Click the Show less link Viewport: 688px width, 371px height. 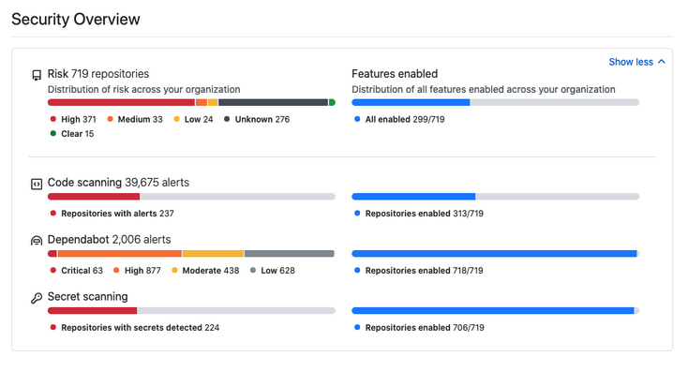click(x=636, y=62)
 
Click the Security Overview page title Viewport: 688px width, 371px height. click(x=76, y=19)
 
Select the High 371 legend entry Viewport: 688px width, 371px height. click(x=74, y=120)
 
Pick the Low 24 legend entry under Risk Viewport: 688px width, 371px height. click(x=194, y=120)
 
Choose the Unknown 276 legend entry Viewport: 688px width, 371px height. click(x=258, y=120)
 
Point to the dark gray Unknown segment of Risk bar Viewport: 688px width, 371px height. click(x=273, y=102)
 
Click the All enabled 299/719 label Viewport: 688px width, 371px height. click(x=399, y=120)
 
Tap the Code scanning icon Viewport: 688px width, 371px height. click(x=37, y=184)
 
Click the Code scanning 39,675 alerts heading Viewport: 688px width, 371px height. click(x=118, y=183)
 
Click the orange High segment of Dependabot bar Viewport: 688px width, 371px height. click(x=119, y=253)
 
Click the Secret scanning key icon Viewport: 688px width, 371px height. click(x=37, y=298)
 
